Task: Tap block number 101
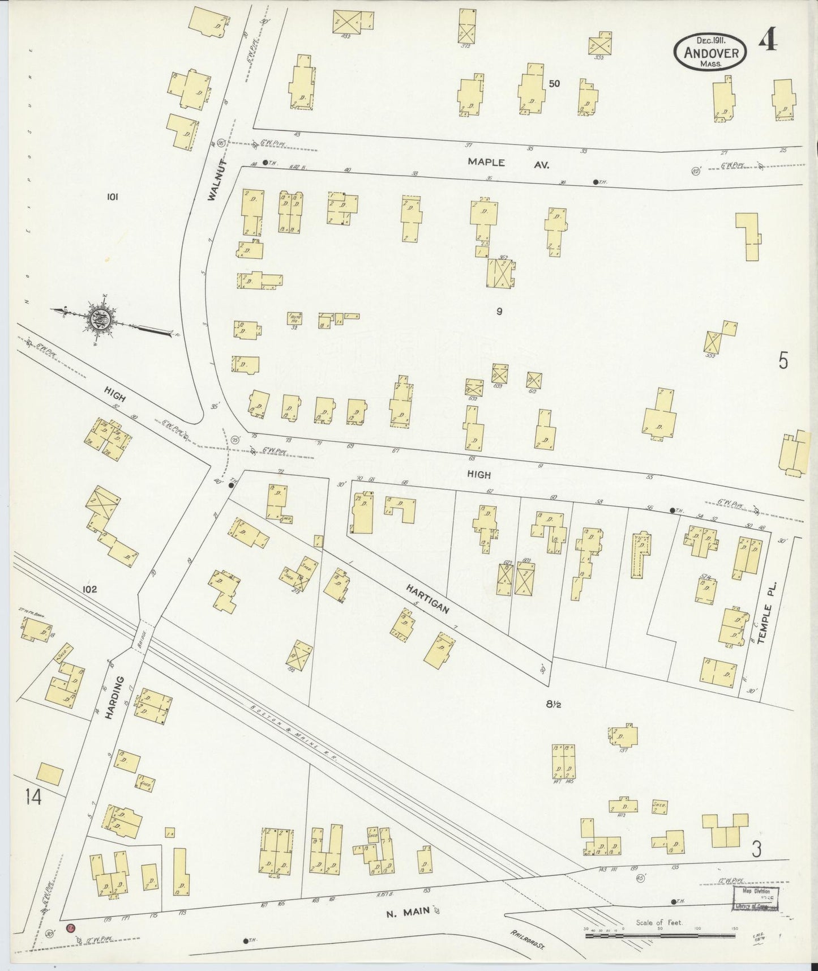(112, 197)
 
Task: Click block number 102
(89, 589)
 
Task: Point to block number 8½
(554, 704)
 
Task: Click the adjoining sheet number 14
(33, 798)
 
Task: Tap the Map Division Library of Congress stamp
(756, 898)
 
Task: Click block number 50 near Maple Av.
(554, 83)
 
